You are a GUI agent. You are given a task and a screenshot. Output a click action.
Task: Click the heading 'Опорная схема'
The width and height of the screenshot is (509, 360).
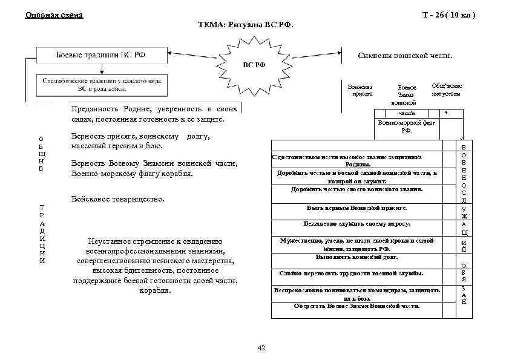coord(54,15)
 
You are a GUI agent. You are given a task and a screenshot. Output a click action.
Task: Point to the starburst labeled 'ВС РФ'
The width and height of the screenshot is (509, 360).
coord(254,65)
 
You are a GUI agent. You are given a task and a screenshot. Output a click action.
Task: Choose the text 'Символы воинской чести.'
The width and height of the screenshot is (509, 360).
coord(405,56)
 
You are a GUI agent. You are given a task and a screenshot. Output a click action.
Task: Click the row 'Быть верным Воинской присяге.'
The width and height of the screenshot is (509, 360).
coord(357,208)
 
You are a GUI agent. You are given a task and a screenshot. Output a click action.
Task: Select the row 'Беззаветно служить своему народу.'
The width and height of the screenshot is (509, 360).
coord(356,223)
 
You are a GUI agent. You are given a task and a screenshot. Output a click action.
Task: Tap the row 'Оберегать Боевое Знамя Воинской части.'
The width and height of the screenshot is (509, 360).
coord(356,306)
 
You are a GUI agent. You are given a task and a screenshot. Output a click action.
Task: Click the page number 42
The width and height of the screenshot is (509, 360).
coord(261,347)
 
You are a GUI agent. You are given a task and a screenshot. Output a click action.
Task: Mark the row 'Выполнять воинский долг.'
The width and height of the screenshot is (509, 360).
coord(356,257)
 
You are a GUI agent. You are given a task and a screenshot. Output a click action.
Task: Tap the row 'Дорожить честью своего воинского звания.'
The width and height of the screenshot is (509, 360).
coord(356,189)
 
